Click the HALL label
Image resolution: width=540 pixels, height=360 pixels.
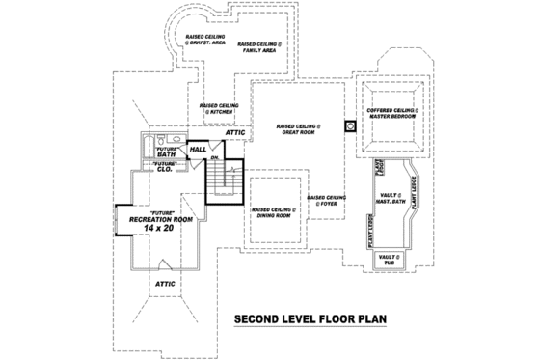(x=197, y=151)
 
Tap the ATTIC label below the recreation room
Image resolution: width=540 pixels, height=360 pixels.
(x=166, y=285)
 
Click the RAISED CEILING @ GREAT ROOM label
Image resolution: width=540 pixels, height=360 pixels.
(x=298, y=129)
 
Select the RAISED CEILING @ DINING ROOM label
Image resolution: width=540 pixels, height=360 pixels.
(x=275, y=213)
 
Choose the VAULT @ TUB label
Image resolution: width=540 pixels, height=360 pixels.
(x=389, y=259)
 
